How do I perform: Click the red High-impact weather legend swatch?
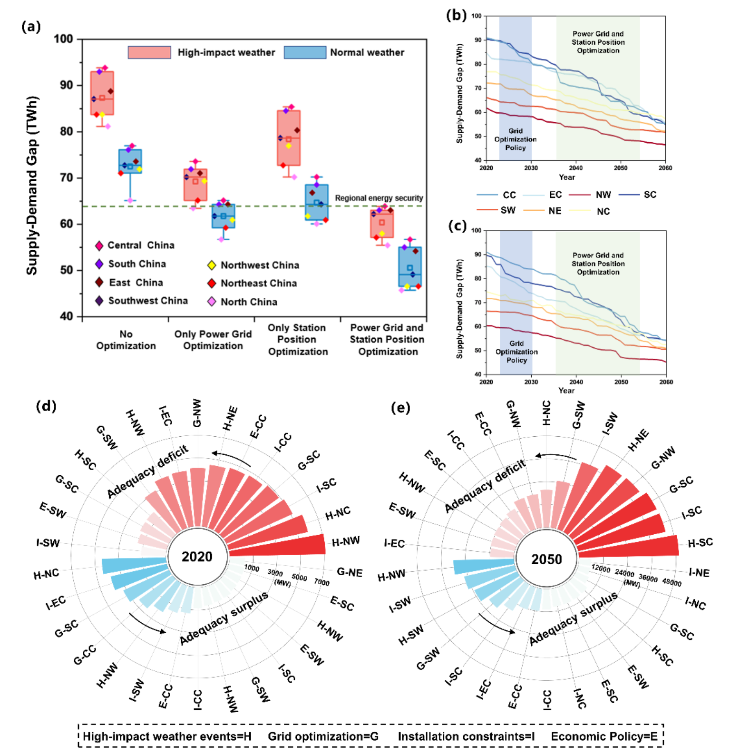(149, 52)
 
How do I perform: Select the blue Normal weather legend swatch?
(305, 52)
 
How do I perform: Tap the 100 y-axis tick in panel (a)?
(63, 39)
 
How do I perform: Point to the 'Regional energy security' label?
(379, 198)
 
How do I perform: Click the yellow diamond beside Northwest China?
(212, 265)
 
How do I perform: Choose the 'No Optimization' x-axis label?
(126, 340)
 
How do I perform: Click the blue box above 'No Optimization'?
(130, 161)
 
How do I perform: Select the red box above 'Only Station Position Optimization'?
(289, 138)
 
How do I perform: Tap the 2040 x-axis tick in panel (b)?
(575, 168)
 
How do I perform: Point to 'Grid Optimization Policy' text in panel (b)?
(516, 139)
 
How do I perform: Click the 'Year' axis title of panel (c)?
(566, 390)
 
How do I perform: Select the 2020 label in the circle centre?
(197, 557)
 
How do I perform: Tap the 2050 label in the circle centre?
(546, 559)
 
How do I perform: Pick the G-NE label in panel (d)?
(350, 572)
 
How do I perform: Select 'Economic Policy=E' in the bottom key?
(604, 736)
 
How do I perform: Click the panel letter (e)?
(400, 408)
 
